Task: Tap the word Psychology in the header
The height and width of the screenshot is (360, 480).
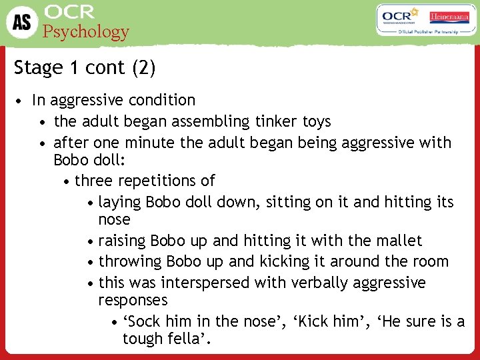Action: (86, 32)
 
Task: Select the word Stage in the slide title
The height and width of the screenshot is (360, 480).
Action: (37, 68)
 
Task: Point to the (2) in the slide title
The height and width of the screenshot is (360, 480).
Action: (145, 68)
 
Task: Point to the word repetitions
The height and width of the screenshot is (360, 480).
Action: (161, 181)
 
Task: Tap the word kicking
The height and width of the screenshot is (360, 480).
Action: (288, 261)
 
